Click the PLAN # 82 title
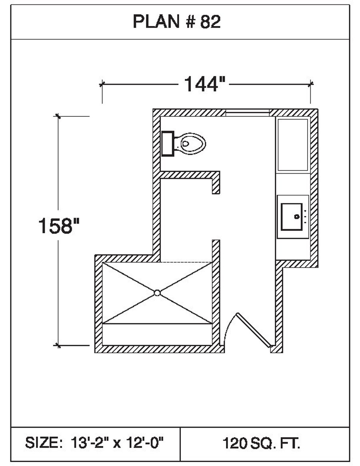coord(176,22)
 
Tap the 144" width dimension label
coord(204,84)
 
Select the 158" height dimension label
coord(59,226)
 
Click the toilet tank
coord(168,144)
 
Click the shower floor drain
coord(157,293)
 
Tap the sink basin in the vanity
coord(292,217)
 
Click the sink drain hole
coord(297,217)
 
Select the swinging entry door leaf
coord(254,330)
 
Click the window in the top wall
coord(247,113)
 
